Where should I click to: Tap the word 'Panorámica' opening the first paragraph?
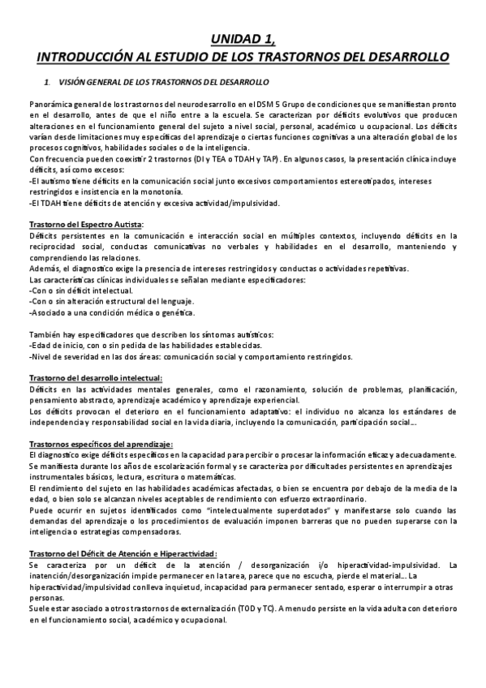[x=51, y=105]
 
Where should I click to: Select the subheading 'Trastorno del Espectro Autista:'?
[x=85, y=224]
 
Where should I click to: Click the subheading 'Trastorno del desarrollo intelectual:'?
[x=95, y=377]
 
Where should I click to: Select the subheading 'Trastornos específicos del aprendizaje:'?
[x=100, y=444]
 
